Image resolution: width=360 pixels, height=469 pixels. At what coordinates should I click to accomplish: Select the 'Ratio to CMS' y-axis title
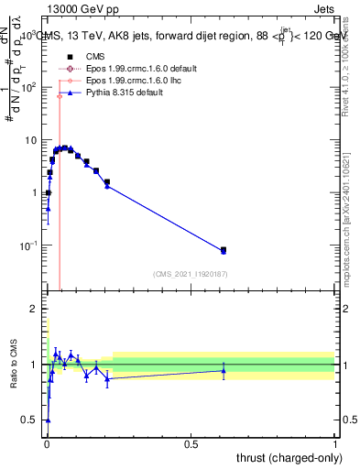pyautogui.click(x=14, y=364)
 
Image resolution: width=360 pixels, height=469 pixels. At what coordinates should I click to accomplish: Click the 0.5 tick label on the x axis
pyautogui.click(x=191, y=443)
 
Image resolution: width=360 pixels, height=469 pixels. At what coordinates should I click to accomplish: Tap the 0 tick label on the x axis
pyautogui.click(x=46, y=443)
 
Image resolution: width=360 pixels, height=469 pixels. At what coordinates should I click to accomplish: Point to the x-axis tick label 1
pyautogui.click(x=334, y=443)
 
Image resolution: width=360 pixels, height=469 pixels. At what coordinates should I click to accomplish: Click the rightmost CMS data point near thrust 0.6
pyautogui.click(x=224, y=249)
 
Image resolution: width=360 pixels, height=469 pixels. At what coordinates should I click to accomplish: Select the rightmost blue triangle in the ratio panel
pyautogui.click(x=224, y=370)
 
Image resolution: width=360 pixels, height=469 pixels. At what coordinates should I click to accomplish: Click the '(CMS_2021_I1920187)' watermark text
pyautogui.click(x=190, y=274)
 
